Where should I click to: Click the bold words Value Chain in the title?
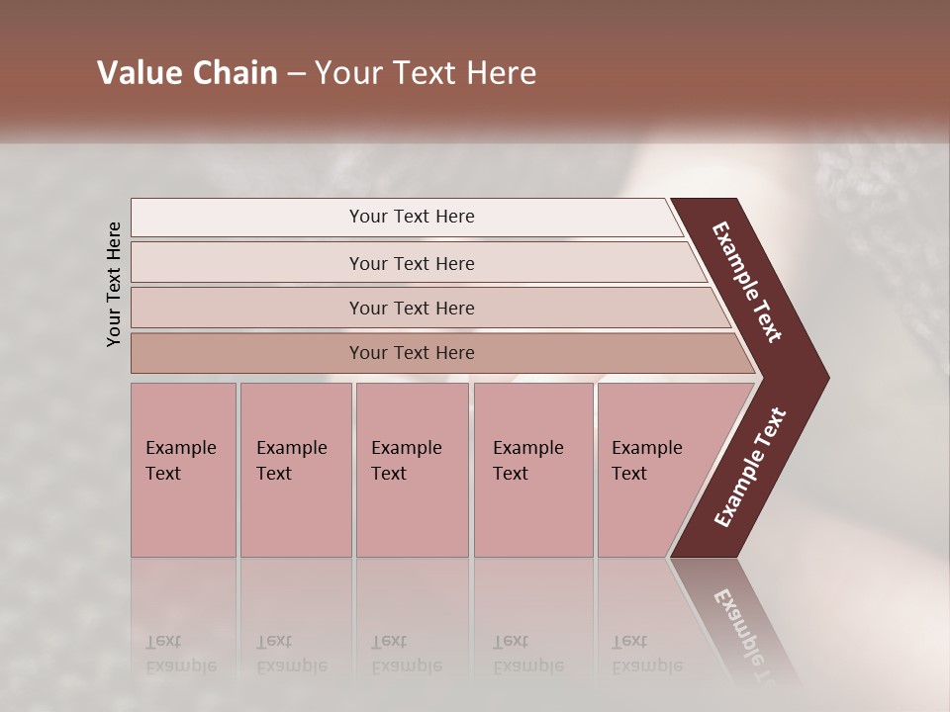click(x=187, y=73)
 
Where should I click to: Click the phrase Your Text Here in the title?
click(x=426, y=73)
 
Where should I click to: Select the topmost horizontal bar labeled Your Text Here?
click(x=411, y=217)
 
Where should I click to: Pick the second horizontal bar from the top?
click(x=411, y=263)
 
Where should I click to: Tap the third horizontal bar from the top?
click(x=411, y=308)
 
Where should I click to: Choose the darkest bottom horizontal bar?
click(x=411, y=353)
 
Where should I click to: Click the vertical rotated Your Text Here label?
click(x=114, y=284)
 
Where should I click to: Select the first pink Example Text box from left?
click(x=183, y=470)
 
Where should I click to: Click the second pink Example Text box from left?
click(x=295, y=470)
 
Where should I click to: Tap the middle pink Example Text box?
click(x=412, y=470)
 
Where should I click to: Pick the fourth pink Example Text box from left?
click(x=532, y=470)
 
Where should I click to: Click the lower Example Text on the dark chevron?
click(x=750, y=468)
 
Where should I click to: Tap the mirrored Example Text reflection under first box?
click(x=180, y=654)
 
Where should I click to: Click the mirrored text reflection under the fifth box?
click(x=646, y=654)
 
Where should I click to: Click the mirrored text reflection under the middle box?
click(x=406, y=654)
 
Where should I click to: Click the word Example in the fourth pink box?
click(x=527, y=448)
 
